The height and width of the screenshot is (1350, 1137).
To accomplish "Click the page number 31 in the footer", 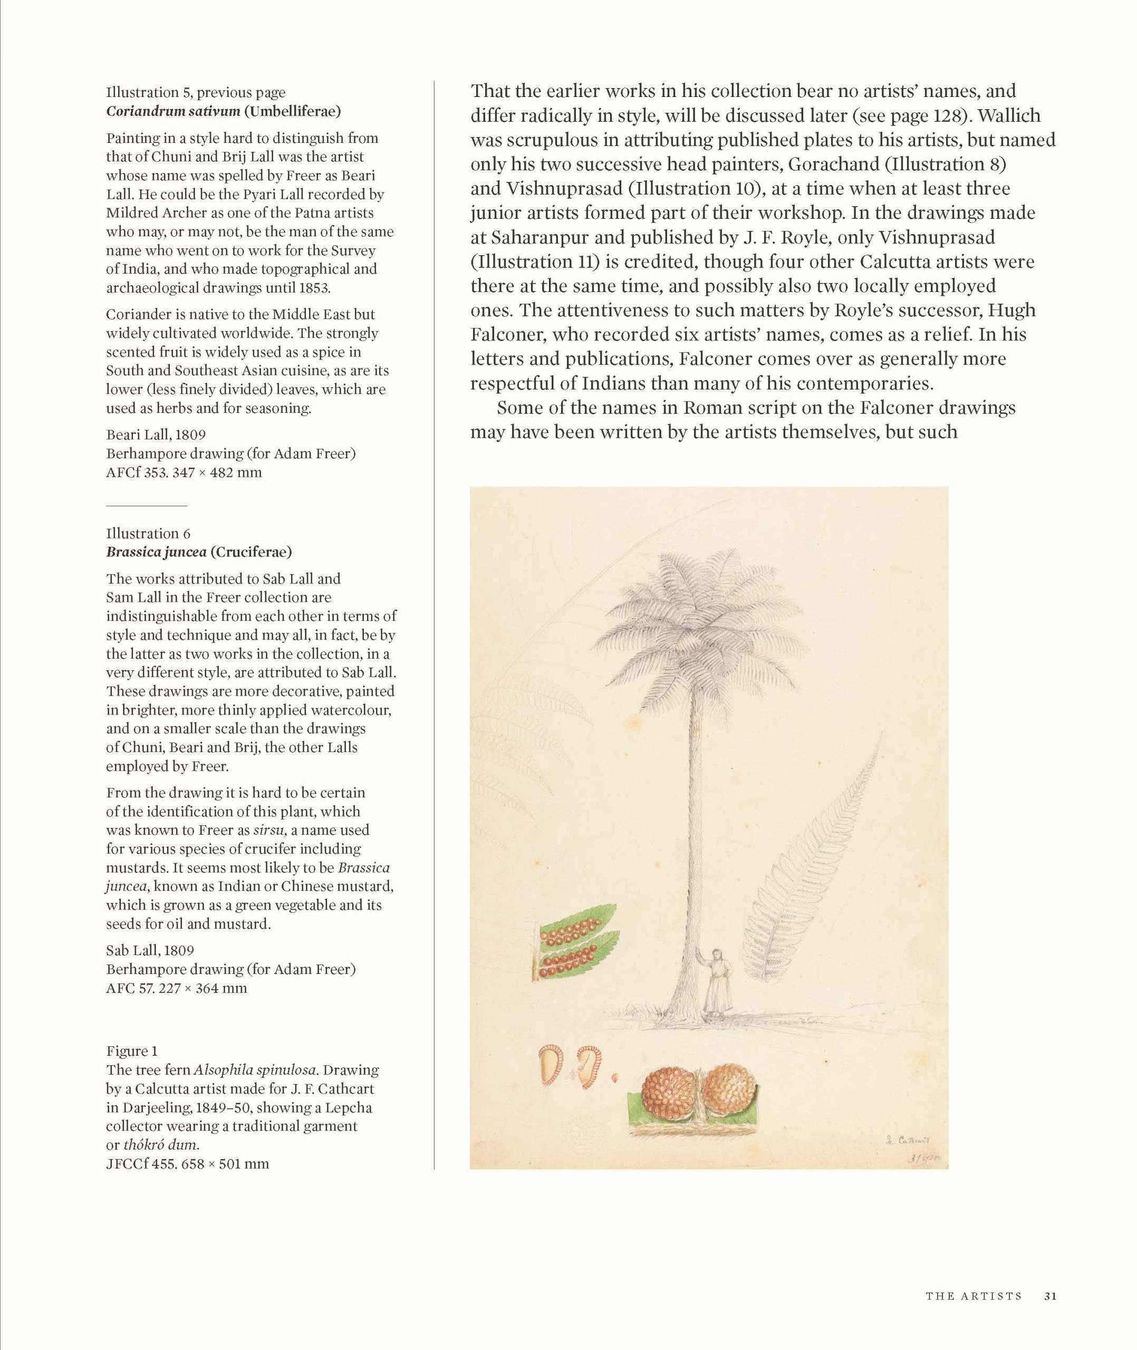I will (x=1050, y=1296).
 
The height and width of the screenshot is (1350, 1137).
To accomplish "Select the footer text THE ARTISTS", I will (x=974, y=1296).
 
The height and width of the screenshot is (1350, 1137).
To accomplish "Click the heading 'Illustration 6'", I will (x=148, y=534).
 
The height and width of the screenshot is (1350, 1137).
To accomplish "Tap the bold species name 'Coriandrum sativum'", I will (x=174, y=111).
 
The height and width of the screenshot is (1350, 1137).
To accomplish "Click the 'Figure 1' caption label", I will (x=131, y=1051).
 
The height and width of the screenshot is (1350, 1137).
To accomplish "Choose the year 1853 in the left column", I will (x=314, y=287).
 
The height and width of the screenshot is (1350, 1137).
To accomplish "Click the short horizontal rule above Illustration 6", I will (x=146, y=506).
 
